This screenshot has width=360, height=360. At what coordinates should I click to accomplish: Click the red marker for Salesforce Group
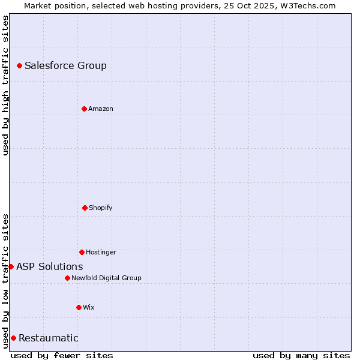[x=19, y=65]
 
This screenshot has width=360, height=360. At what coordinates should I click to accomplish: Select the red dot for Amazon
[x=84, y=109]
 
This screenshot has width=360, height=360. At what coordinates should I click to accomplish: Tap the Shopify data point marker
[x=85, y=208]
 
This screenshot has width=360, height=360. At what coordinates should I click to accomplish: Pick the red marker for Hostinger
[x=82, y=252]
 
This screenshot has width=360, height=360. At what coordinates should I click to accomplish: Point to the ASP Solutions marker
[x=11, y=266]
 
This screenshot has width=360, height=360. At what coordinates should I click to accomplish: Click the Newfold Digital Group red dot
[x=67, y=278]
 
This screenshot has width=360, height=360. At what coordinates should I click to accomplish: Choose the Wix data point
[x=79, y=307]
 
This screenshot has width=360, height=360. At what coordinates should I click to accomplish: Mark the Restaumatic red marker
[x=13, y=338]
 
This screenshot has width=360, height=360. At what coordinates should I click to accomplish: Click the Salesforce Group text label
[x=65, y=65]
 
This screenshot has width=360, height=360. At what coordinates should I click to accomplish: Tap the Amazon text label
[x=101, y=109]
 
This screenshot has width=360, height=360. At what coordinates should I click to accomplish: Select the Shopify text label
[x=101, y=208]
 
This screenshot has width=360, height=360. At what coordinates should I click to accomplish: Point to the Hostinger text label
[x=101, y=252]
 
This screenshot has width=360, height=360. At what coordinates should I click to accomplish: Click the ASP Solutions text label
[x=50, y=266]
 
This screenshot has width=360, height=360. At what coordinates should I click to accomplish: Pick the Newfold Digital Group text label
[x=106, y=278]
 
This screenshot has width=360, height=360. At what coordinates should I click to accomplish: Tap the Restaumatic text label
[x=49, y=338]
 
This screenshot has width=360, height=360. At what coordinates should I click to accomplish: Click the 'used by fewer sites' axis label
[x=62, y=355]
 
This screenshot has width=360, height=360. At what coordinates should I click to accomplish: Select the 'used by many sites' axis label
[x=301, y=355]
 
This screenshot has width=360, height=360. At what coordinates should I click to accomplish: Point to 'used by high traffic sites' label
[x=5, y=86]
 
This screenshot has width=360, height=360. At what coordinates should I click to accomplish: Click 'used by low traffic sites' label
[x=5, y=280]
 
